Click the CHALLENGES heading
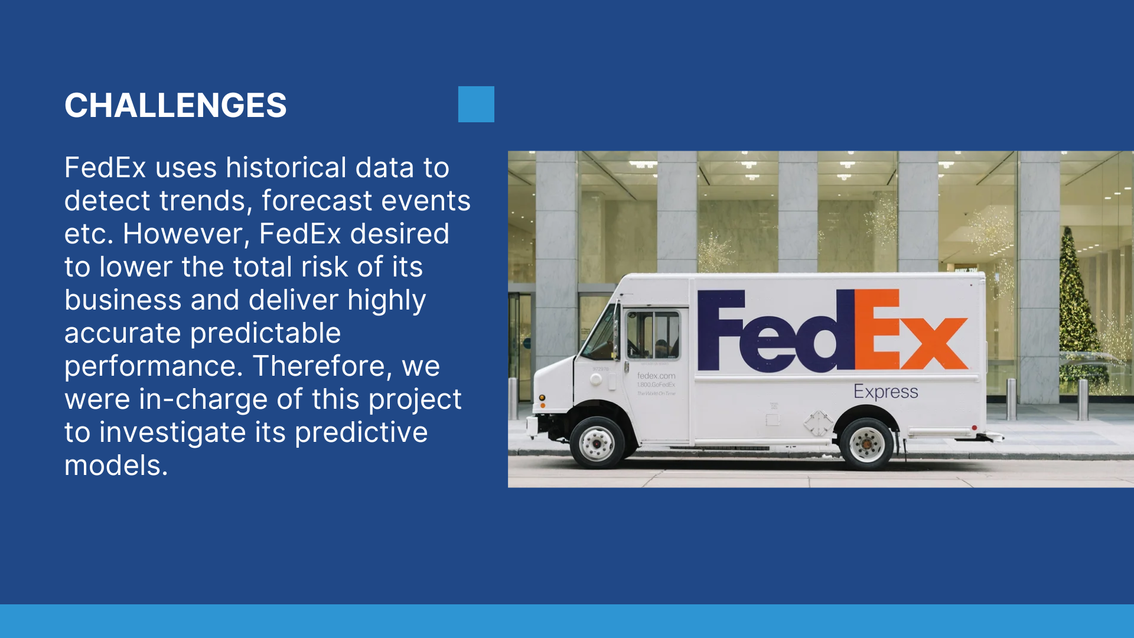click(175, 105)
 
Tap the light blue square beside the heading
click(476, 104)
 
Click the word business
click(123, 300)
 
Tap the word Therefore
click(322, 366)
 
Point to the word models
click(116, 466)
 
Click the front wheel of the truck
click(597, 443)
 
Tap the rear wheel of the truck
click(866, 444)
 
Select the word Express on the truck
click(886, 392)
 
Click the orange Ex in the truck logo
click(911, 330)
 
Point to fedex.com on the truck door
click(656, 376)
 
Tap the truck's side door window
click(653, 335)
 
